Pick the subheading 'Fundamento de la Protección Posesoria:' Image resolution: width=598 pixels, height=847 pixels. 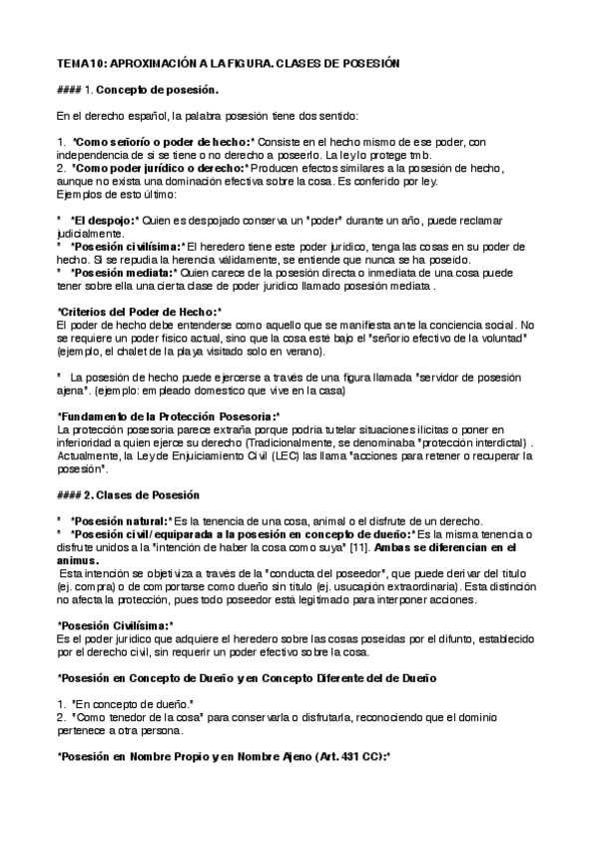point(170,416)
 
